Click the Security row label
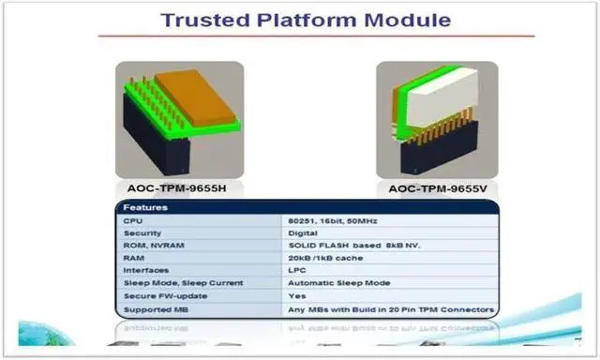coord(142,232)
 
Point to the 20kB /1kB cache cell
coord(324,258)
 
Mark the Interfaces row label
coord(145,270)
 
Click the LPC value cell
coord(299,270)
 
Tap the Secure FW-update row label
coord(157,294)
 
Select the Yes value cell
coord(298,294)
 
